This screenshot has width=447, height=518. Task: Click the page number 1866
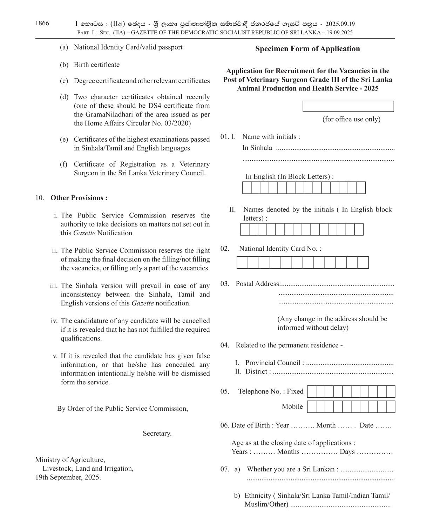click(42, 23)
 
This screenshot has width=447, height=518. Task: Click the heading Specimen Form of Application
click(307, 49)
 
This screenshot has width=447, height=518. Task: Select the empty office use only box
click(348, 106)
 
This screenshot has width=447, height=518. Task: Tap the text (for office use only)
click(351, 119)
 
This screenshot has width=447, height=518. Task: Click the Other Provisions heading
click(79, 198)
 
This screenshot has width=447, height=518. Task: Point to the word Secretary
click(157, 433)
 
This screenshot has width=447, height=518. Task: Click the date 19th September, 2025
click(68, 477)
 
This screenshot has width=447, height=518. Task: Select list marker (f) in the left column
click(63, 164)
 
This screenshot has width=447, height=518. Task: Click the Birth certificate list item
click(96, 65)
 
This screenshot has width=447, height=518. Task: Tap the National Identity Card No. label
click(279, 249)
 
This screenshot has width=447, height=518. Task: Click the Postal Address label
click(258, 284)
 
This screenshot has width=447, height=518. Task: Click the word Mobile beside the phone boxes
click(292, 406)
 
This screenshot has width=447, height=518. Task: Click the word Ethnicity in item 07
click(258, 496)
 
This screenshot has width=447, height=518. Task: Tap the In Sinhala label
click(257, 148)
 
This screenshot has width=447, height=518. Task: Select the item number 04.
click(224, 345)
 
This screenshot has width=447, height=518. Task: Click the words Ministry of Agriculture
click(70, 460)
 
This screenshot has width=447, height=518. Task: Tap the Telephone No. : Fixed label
click(271, 391)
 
